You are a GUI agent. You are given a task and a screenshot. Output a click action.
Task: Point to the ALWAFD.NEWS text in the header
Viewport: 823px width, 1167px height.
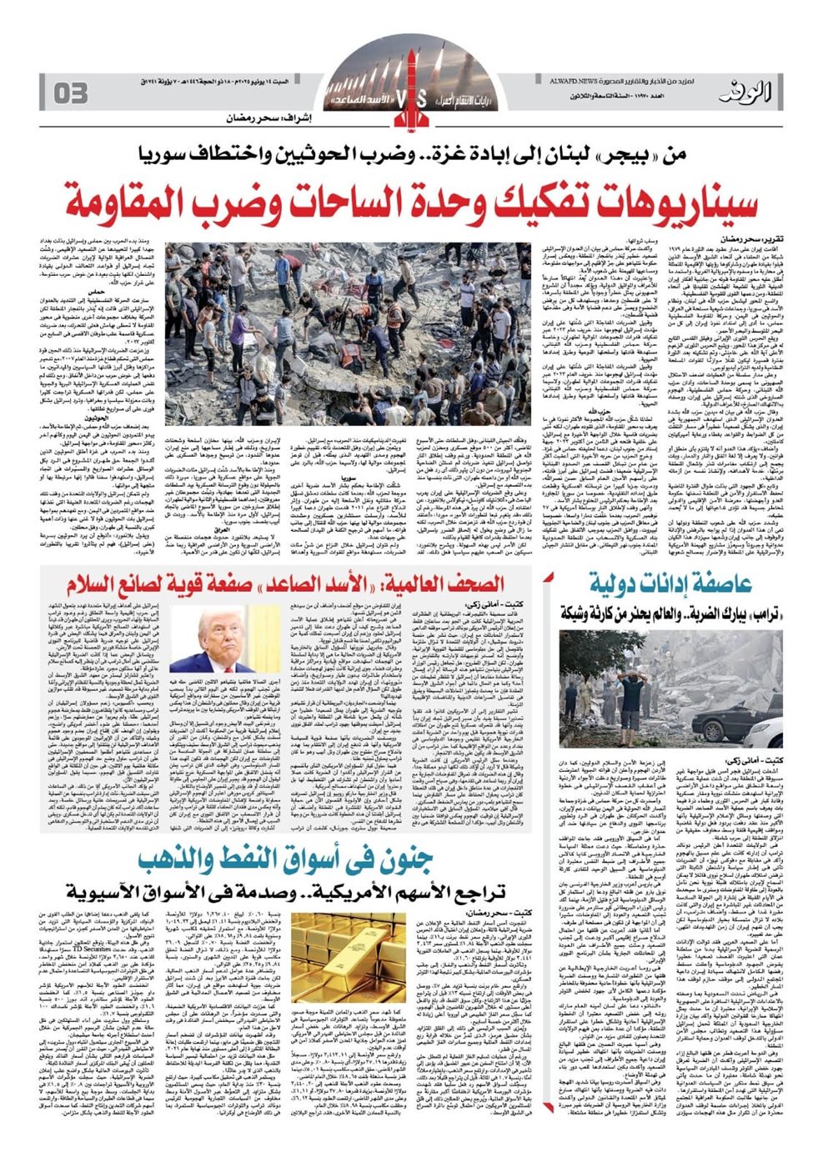[567, 80]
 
